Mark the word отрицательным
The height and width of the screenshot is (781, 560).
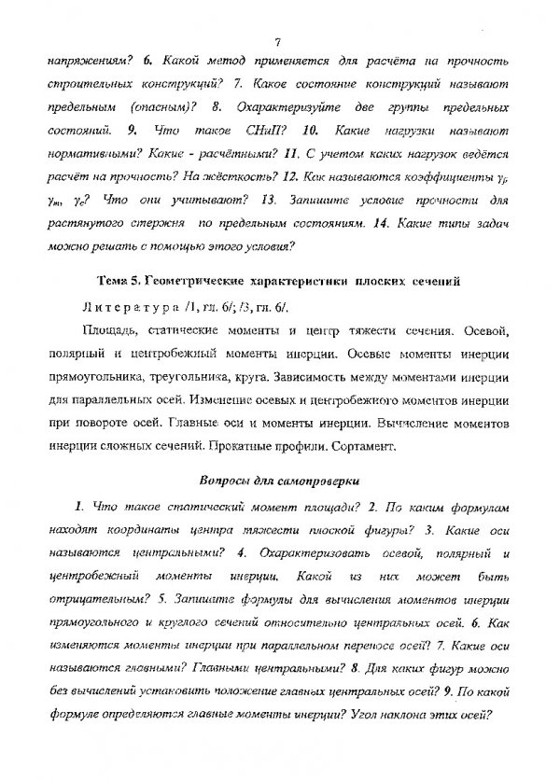(x=86, y=598)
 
